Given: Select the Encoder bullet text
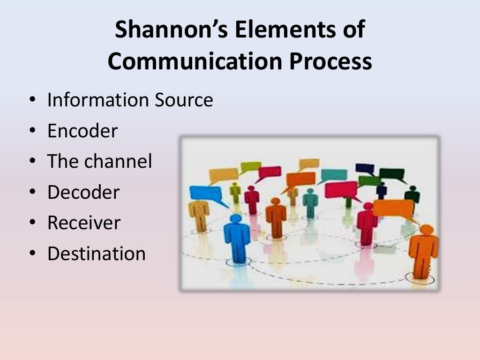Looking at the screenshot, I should (x=82, y=131).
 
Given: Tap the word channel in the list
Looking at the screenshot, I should (x=118, y=162).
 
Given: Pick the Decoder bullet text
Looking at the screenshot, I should (x=83, y=192).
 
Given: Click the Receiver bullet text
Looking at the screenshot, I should (x=83, y=223).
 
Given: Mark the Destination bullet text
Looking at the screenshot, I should (x=96, y=254).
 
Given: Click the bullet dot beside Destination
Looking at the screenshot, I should (x=32, y=254).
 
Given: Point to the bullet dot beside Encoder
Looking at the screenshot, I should (x=32, y=131).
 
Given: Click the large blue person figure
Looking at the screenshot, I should (x=236, y=237).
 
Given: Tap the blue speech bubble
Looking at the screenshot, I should (x=205, y=193).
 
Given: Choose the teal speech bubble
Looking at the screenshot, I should (x=334, y=175).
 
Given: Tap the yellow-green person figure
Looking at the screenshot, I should (x=235, y=192).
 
